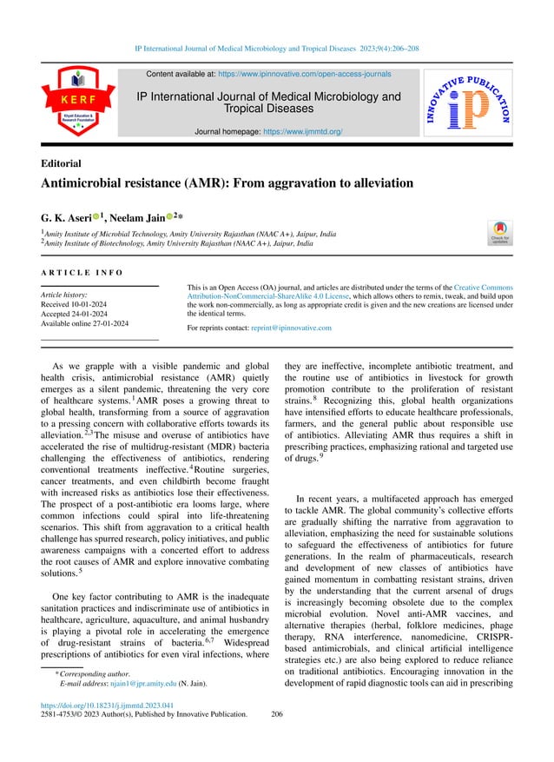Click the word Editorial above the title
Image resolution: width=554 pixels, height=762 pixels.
[61, 162]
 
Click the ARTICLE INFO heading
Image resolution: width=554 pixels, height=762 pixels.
[82, 273]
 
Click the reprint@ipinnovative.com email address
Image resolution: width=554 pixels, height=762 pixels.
[289, 328]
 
